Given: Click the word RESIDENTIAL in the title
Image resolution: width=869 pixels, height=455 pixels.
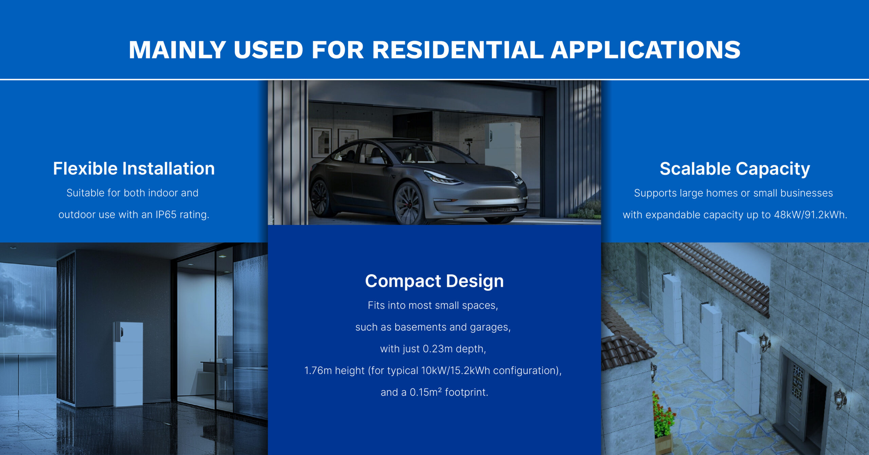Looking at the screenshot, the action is tap(458, 50).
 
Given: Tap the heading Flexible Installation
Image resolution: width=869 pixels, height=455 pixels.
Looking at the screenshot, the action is tap(134, 168).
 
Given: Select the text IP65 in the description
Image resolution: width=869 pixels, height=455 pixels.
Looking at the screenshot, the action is tap(166, 215).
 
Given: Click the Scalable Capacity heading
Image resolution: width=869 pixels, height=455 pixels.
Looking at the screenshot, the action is tap(735, 169).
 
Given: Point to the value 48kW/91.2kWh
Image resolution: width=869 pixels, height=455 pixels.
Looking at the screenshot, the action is tap(811, 215).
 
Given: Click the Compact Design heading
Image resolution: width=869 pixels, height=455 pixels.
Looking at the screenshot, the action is tap(434, 281).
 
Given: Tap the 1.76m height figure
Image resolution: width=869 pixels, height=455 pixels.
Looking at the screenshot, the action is tap(318, 370).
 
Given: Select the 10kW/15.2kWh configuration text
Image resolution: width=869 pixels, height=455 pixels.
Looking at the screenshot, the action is tap(456, 370).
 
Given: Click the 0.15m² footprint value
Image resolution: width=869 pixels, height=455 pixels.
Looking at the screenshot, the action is tap(426, 392).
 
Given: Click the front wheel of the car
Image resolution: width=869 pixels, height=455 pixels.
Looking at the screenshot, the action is tap(409, 203).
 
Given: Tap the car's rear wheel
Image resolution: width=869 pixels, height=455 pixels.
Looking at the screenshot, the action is tap(320, 198).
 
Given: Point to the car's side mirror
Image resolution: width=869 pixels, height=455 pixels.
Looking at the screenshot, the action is tap(376, 160).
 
